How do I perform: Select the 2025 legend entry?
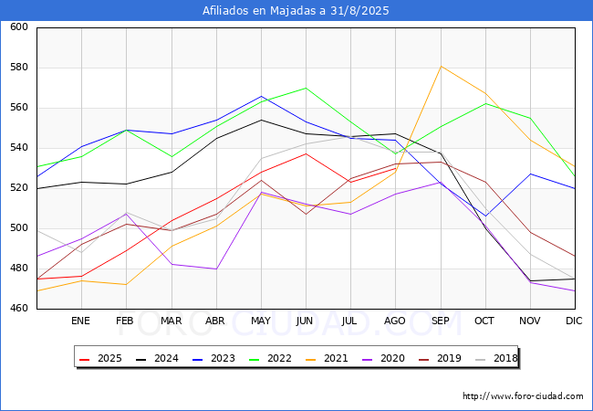[x=101, y=358]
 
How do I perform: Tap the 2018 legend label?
[x=496, y=358]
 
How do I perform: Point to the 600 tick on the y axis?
[x=19, y=26]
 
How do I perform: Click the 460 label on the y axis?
[x=19, y=308]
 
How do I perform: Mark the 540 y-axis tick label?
[x=19, y=148]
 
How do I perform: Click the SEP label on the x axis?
[x=441, y=321]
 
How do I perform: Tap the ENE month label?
[x=80, y=321]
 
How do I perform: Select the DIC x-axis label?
[x=574, y=321]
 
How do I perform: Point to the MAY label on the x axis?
[x=261, y=321]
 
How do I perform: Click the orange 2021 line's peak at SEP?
[x=441, y=67]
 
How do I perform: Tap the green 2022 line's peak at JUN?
[x=306, y=88]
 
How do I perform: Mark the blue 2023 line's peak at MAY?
[x=261, y=96]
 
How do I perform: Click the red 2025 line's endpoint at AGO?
[x=396, y=168]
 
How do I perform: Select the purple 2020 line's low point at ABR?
[x=216, y=269]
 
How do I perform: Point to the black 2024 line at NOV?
[x=531, y=280]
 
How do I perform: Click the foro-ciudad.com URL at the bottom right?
[x=523, y=396]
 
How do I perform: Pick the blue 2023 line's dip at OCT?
[x=485, y=216]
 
